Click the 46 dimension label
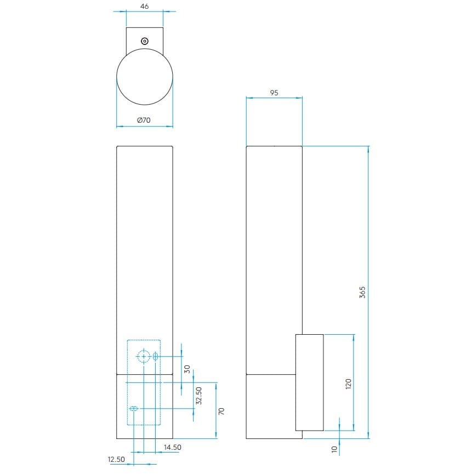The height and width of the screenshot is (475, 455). click(145, 6)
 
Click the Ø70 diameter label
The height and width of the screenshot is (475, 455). click(144, 119)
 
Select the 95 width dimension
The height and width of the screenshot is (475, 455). click(274, 93)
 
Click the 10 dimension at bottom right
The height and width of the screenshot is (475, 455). click(334, 448)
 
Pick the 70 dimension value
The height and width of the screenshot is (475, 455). click(222, 410)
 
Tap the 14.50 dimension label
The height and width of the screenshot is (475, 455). click(172, 448)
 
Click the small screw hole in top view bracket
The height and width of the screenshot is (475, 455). click(145, 41)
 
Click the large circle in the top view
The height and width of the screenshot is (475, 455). click(145, 77)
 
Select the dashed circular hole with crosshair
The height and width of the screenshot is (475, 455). click(144, 357)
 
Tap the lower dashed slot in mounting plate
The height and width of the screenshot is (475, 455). click(134, 409)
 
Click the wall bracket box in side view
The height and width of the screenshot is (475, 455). click(309, 382)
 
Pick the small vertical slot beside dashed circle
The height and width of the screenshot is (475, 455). click(155, 357)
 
